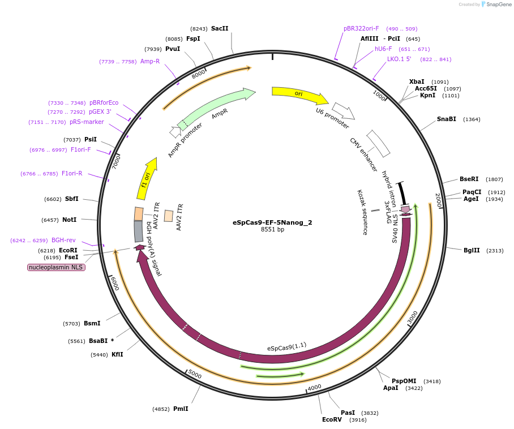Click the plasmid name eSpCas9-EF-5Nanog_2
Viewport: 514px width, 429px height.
[x=272, y=222]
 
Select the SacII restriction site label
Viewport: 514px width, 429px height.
[x=220, y=28]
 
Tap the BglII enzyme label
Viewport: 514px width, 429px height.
[x=472, y=250]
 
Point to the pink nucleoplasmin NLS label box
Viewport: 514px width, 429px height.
[x=56, y=267]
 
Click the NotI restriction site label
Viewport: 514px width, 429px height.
[x=69, y=220]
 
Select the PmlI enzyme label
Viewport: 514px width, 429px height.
[x=181, y=409]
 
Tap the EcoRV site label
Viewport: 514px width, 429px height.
[x=332, y=419]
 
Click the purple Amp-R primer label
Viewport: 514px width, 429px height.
[x=150, y=61]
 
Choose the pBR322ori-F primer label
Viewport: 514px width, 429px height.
[x=361, y=28]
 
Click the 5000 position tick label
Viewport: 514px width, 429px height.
[x=194, y=374]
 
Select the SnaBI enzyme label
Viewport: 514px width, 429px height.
[x=446, y=119]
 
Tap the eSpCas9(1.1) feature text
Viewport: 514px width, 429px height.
[x=286, y=345]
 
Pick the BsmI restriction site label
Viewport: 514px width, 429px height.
[x=92, y=323]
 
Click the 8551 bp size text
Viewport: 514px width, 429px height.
[x=272, y=230]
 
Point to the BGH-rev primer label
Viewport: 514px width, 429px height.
[x=63, y=240]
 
